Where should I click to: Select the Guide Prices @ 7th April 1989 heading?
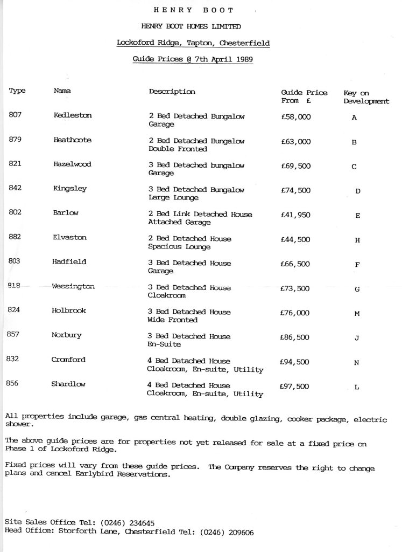(193, 59)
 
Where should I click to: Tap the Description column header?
(172, 92)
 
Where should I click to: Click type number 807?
(16, 115)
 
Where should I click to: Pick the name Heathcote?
(73, 140)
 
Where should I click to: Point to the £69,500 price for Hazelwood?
(295, 166)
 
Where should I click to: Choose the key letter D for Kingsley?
(358, 191)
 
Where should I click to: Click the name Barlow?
(66, 213)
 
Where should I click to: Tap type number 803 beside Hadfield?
(16, 262)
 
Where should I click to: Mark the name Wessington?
(74, 287)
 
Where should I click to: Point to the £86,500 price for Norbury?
(295, 337)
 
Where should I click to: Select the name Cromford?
(68, 360)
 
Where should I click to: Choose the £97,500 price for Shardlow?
(295, 387)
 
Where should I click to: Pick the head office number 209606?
(234, 532)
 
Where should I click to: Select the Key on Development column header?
(366, 97)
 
